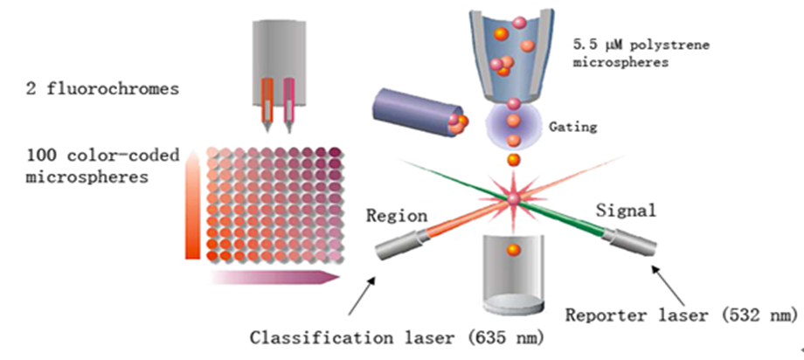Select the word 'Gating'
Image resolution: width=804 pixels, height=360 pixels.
pyautogui.click(x=572, y=127)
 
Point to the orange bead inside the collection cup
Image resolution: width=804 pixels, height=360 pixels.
pyautogui.click(x=514, y=251)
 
